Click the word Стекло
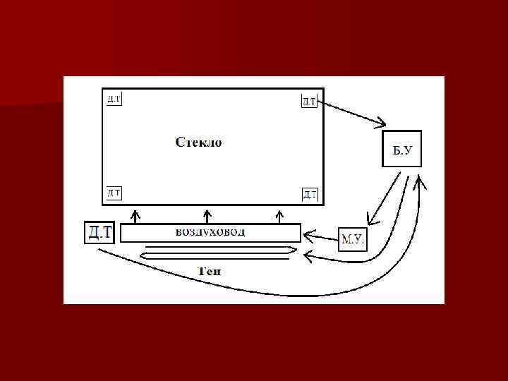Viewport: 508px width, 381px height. click(198, 143)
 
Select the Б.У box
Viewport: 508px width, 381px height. click(401, 148)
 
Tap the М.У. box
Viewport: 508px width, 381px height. click(353, 239)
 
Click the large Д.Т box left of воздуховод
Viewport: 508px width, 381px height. click(99, 232)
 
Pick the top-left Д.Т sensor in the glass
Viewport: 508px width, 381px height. click(113, 99)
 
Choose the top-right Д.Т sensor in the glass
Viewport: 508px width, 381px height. click(309, 101)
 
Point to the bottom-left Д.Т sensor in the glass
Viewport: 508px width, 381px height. click(113, 192)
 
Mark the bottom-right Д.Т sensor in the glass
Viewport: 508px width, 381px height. click(309, 193)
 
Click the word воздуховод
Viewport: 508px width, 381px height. click(210, 231)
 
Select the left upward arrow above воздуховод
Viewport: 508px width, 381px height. click(136, 214)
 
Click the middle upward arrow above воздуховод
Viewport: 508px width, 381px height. click(207, 214)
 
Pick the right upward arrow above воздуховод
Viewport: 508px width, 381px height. click(279, 214)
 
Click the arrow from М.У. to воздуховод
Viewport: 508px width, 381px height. click(321, 237)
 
